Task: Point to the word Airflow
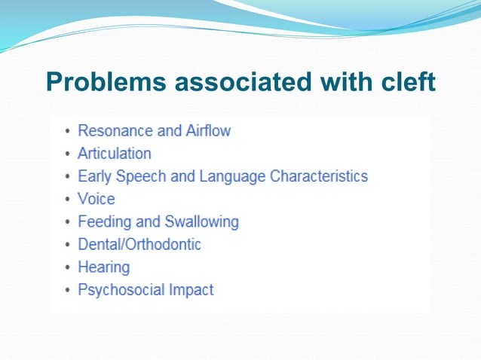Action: (207, 131)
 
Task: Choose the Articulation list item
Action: (115, 154)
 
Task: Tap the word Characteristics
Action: (319, 176)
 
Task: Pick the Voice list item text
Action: (97, 199)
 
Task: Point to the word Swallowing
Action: (201, 221)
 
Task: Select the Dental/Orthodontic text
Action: (139, 244)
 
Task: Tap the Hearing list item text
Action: (104, 267)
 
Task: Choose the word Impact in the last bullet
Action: (194, 289)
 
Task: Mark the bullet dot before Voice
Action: (68, 200)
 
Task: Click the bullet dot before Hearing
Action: (68, 267)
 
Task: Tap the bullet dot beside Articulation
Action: (68, 154)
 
